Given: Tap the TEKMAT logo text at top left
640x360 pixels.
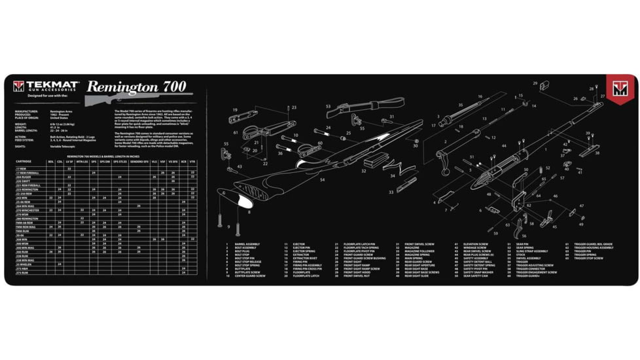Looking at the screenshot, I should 52,85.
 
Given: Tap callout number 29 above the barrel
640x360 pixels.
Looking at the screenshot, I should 535,83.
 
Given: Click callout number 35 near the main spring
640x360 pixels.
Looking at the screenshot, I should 461,105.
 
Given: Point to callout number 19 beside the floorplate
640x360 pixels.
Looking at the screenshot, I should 234,109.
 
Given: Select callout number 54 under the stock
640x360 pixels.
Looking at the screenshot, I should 323,179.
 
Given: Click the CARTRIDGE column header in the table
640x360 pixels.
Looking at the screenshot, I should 24,161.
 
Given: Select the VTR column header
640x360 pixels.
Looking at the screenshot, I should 192,161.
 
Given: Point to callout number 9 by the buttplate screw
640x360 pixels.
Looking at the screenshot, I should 228,226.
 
